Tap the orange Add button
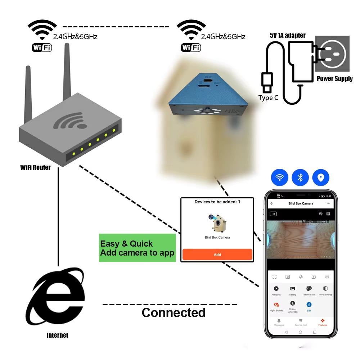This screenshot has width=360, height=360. click(217, 255)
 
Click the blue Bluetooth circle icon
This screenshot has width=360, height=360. click(300, 177)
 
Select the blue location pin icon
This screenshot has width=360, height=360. click(321, 177)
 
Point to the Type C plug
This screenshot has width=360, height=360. click(267, 82)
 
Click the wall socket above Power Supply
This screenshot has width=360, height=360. click(332, 54)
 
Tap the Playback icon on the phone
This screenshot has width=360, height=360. click(276, 289)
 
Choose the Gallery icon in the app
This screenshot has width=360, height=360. click(292, 289)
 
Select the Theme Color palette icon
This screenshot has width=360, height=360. click(309, 289)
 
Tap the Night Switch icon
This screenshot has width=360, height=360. click(276, 305)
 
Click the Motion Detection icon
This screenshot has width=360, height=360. click(292, 304)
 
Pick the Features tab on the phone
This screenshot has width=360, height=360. click(323, 320)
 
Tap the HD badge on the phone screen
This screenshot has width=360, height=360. click(273, 214)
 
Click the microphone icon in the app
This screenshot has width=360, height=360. click(301, 276)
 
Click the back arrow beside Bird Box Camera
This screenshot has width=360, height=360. click(272, 203)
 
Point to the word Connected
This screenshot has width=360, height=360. click(174, 312)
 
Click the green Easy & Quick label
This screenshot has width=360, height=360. click(137, 248)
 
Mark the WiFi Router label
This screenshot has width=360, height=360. click(35, 167)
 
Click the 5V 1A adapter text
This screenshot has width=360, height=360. click(287, 35)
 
